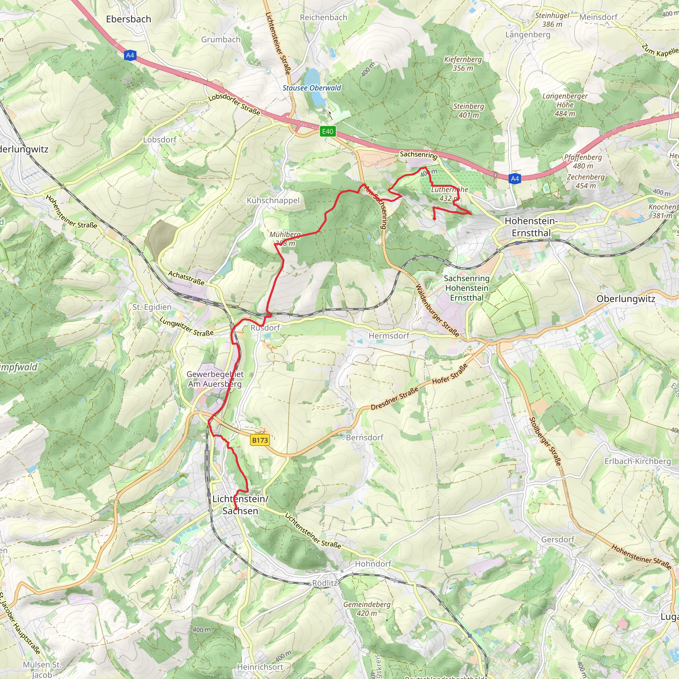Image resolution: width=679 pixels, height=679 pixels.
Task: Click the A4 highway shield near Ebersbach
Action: [x=130, y=55]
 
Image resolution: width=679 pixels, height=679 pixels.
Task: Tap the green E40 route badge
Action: [x=328, y=131]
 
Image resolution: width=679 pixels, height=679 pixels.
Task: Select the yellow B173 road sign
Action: [x=260, y=440]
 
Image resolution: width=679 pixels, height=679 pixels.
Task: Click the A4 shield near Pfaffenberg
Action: [x=515, y=179]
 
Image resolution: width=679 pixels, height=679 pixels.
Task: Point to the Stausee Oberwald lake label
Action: [x=312, y=88]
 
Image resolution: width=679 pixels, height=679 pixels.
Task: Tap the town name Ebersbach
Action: [x=129, y=19]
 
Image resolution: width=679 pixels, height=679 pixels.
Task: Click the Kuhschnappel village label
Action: [x=273, y=200]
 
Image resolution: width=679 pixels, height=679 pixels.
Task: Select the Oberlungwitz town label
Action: [x=626, y=299]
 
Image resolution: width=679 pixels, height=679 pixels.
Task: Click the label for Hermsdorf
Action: [x=389, y=336]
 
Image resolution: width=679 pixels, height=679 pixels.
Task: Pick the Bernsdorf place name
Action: [x=364, y=438]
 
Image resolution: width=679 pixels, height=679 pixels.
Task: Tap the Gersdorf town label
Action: [x=558, y=539]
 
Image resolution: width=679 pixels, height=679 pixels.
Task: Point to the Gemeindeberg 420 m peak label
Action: [x=367, y=609]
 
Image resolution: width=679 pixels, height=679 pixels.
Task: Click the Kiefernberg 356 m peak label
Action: [x=463, y=64]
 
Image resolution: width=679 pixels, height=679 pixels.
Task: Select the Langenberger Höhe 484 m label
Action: [x=565, y=105]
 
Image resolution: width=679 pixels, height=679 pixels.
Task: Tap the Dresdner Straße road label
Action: [x=395, y=399]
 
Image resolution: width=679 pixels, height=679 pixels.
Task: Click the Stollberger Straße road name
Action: [x=545, y=441]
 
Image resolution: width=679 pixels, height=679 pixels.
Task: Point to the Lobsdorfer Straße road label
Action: [x=234, y=105]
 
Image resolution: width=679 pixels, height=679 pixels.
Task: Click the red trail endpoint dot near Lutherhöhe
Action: [x=434, y=218]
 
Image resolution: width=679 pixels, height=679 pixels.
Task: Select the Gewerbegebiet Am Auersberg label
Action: [x=215, y=379]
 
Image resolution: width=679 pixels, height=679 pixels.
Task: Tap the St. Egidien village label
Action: [x=152, y=307]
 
